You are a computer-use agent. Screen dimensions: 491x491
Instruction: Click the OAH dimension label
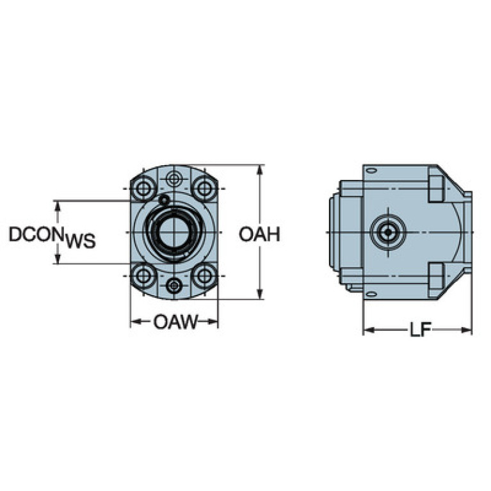pyautogui.click(x=259, y=234)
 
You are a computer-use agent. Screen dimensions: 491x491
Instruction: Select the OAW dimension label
pyautogui.click(x=175, y=321)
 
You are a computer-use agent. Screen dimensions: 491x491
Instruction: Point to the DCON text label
pyautogui.click(x=36, y=235)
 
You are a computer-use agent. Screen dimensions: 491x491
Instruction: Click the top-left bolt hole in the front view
pyautogui.click(x=143, y=189)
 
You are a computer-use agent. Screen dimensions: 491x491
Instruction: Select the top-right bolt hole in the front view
pyautogui.click(x=204, y=189)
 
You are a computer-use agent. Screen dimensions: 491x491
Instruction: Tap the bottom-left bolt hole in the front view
pyautogui.click(x=143, y=277)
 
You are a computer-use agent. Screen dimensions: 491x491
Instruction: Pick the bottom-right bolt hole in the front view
pyautogui.click(x=204, y=277)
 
